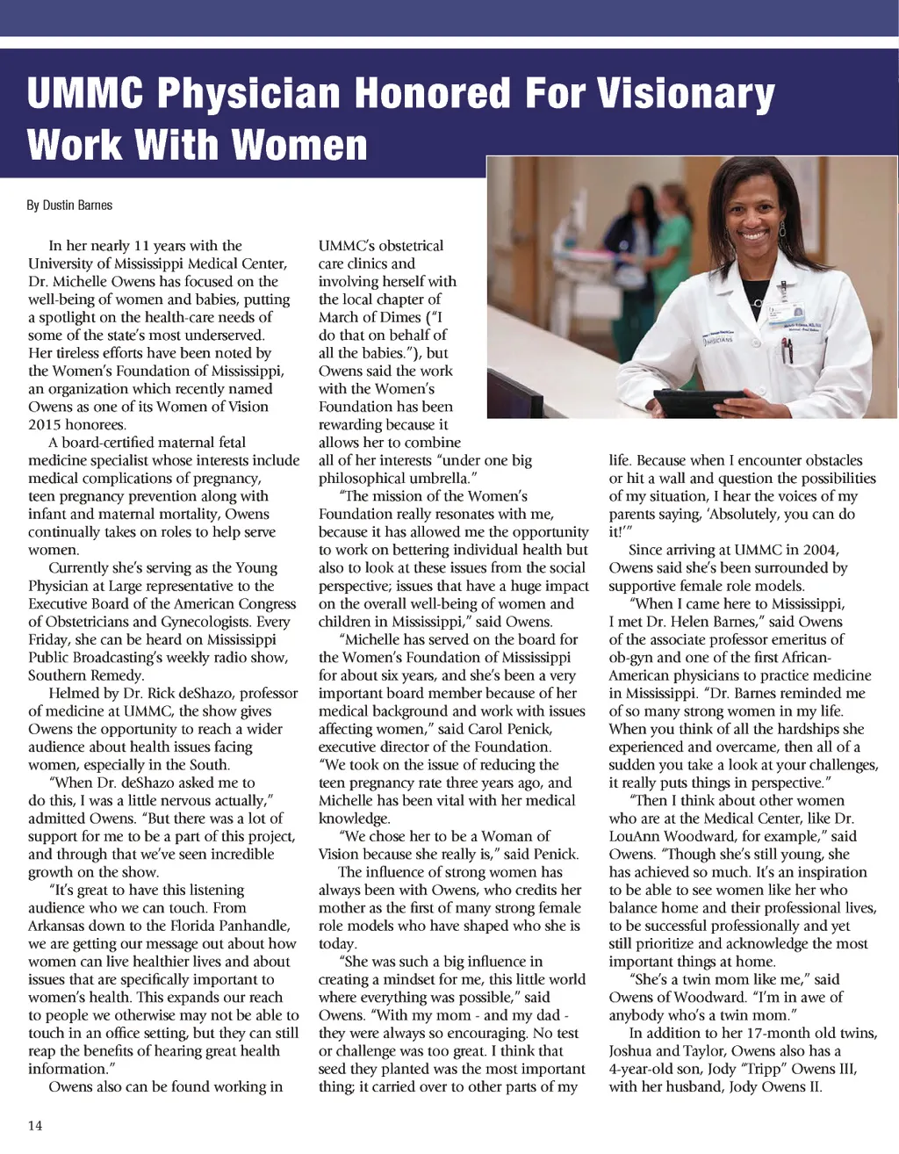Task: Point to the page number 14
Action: tap(35, 1126)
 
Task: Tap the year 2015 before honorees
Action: tap(47, 424)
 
